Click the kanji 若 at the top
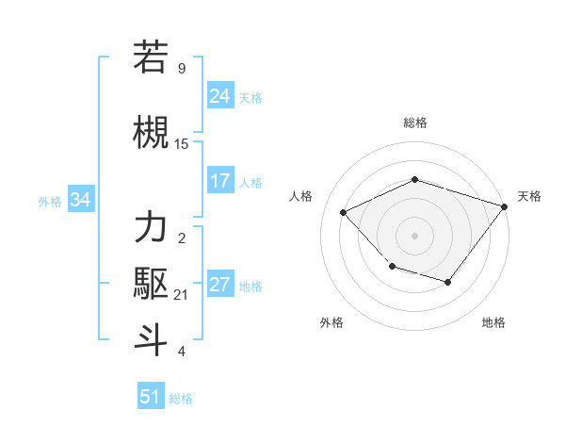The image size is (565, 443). coord(152,57)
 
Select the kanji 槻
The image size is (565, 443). coord(152,132)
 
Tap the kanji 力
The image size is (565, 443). coord(152,229)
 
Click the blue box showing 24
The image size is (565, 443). coord(220,96)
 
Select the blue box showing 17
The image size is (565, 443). coord(220,181)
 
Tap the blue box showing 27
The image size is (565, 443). coord(220,286)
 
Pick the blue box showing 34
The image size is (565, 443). coord(80,200)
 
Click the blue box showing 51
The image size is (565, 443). coord(151,397)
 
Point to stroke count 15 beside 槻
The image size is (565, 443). coord(182,144)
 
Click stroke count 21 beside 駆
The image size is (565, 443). coord(182,295)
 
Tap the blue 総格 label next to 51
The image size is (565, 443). coord(181,399)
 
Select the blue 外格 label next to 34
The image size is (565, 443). coord(50,201)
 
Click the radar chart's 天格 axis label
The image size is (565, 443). coord(529,196)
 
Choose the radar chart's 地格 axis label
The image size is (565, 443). coord(493,323)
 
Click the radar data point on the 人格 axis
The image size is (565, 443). coord(344,213)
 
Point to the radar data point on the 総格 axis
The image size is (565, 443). coord(414,179)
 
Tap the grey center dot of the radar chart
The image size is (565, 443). coord(414,235)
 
